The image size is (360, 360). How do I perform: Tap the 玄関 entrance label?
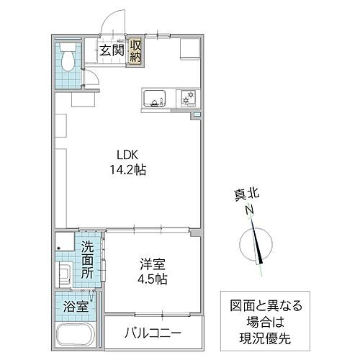click(x=112, y=51)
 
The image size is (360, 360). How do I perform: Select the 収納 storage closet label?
click(x=135, y=51)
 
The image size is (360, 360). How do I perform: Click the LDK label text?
click(x=120, y=153)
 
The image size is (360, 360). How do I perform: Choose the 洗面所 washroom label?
click(x=87, y=261)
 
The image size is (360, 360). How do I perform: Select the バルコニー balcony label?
click(x=153, y=334)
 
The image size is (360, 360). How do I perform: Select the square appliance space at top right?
click(x=189, y=47)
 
